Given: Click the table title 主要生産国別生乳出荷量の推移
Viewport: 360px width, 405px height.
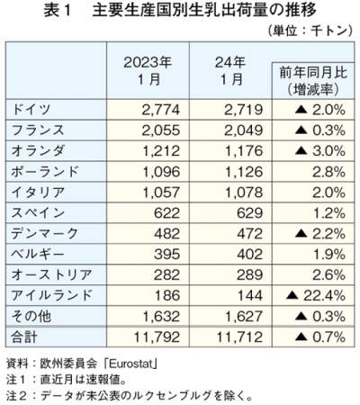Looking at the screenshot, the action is (x=204, y=11).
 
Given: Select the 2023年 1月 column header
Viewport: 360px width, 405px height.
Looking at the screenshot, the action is (x=148, y=71).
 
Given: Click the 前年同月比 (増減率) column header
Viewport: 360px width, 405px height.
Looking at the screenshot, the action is (x=313, y=81).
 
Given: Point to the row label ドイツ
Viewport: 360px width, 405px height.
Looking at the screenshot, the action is (x=31, y=109).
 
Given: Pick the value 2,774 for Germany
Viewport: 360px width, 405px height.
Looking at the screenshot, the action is (x=161, y=110).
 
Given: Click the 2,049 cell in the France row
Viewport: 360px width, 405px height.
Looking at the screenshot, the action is (x=243, y=130).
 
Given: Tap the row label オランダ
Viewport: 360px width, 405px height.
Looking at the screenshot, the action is (x=38, y=150).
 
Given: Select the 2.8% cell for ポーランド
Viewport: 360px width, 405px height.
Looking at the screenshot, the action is (x=328, y=172).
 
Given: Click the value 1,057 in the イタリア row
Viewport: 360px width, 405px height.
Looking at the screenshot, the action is (x=161, y=193).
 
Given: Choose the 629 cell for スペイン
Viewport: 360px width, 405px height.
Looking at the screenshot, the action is (x=249, y=213).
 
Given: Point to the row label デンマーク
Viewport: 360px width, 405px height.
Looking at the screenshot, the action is (x=45, y=233).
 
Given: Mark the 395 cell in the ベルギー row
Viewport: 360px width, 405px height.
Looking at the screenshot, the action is (x=167, y=255).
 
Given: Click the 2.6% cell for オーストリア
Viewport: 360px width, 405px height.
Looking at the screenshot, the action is (x=328, y=275).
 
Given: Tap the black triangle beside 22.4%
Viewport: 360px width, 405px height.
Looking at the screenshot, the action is (x=292, y=296).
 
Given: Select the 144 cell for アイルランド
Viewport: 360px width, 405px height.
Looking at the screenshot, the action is (x=250, y=296).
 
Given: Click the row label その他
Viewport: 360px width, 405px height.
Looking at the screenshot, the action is (x=31, y=317).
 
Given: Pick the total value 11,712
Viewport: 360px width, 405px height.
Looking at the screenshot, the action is (x=239, y=337).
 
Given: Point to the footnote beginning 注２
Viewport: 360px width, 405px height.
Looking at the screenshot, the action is (x=129, y=396).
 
